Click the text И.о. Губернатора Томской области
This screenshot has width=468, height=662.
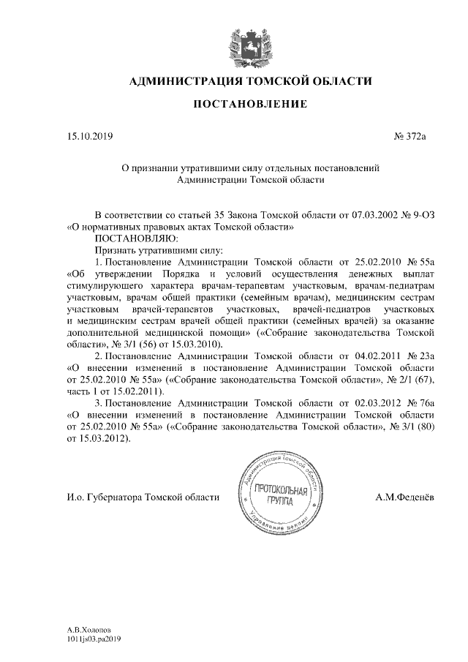pyautogui.click(x=143, y=498)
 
